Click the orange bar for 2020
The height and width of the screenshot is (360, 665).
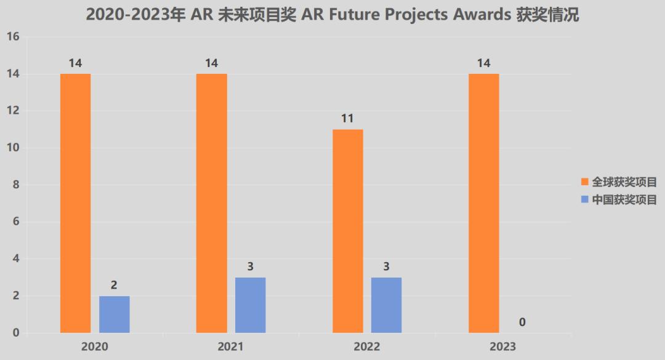75,203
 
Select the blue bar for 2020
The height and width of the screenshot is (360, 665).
114,314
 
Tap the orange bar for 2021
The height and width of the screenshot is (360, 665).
211,203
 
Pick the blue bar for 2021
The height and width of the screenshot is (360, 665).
250,305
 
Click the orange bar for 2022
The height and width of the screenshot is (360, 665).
347,231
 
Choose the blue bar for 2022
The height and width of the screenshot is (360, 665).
386,305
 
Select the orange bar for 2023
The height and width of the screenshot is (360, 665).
483,203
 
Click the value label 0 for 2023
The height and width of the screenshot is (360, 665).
522,322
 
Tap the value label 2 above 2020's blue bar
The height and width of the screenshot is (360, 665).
114,285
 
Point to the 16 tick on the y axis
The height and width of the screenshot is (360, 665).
13,37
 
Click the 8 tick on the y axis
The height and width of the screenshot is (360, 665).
16,185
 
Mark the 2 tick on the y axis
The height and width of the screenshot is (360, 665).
16,296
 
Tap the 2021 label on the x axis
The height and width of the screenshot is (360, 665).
230,347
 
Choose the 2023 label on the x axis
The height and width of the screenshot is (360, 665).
502,347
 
